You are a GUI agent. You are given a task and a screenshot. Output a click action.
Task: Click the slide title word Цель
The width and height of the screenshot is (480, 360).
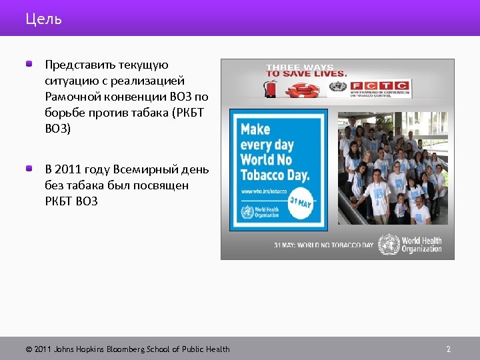[43, 19]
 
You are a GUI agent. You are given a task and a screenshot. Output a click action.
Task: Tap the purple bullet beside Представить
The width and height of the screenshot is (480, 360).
[30, 65]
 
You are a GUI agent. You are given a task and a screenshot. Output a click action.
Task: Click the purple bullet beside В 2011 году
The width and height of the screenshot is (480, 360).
[30, 169]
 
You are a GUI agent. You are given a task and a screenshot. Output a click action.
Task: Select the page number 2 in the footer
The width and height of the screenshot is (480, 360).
[449, 349]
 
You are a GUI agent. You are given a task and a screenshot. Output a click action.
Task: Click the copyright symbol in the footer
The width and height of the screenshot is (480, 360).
[29, 349]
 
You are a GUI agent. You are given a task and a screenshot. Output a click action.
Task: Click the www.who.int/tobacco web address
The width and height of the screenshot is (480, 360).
[264, 192]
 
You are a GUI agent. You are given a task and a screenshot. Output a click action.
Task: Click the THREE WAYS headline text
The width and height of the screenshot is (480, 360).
[300, 67]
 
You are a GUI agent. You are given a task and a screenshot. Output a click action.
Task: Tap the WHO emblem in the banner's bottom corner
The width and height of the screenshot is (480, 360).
[389, 244]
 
